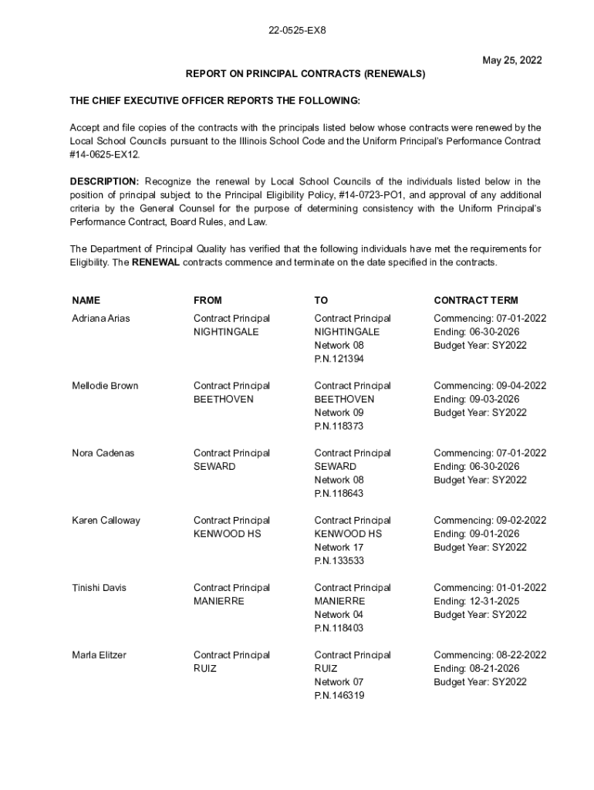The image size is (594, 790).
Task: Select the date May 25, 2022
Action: click(x=512, y=59)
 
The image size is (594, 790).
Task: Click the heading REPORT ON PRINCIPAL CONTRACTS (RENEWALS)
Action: click(x=305, y=74)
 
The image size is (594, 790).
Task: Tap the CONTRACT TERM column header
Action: click(x=476, y=300)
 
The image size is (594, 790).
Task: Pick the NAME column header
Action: click(x=86, y=300)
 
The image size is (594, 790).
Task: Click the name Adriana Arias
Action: click(x=101, y=319)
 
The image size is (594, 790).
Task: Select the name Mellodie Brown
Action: click(x=105, y=386)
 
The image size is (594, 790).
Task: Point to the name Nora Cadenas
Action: click(x=103, y=453)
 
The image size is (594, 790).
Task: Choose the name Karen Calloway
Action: click(x=106, y=521)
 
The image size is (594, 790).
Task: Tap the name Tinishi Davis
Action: click(x=99, y=588)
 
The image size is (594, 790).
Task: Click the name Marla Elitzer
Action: click(x=100, y=655)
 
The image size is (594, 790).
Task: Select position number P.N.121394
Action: click(x=339, y=359)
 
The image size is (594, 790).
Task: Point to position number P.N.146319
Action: click(x=339, y=696)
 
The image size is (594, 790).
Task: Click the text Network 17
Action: click(x=338, y=548)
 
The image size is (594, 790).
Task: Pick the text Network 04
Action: click(x=338, y=615)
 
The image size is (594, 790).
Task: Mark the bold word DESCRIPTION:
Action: click(x=105, y=181)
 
